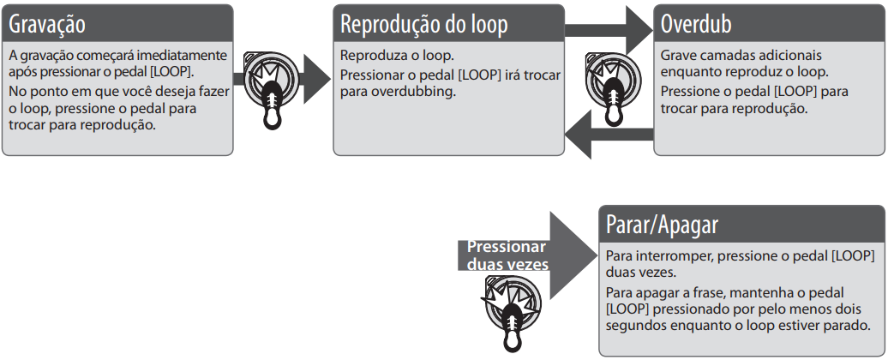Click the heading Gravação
coord(47,22)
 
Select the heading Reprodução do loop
coord(424,24)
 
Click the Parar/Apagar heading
coord(662,225)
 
